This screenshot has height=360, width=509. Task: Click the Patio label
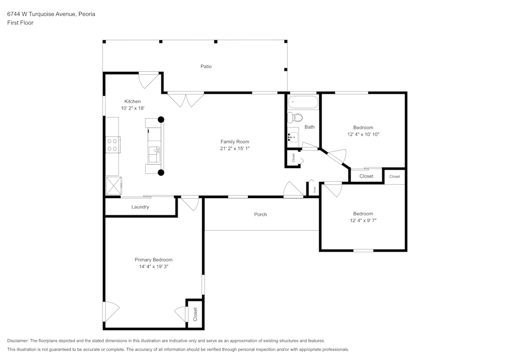(x=206, y=66)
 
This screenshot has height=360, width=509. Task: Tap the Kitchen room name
(x=132, y=101)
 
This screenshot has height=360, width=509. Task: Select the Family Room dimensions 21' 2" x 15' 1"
(x=235, y=149)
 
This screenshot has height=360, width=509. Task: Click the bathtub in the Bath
(x=303, y=103)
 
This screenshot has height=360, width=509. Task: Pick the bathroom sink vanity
(x=293, y=136)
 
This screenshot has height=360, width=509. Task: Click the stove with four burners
(x=112, y=145)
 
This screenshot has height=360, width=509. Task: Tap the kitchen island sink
(x=154, y=151)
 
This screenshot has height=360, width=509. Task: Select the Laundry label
(x=140, y=207)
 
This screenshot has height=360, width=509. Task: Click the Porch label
(x=261, y=214)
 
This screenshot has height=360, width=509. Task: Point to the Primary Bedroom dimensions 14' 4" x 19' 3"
(x=153, y=266)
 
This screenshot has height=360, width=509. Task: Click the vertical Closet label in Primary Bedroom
(x=195, y=314)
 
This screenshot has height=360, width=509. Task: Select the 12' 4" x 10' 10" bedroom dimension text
(x=363, y=134)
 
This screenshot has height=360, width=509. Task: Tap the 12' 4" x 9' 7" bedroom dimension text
(x=363, y=220)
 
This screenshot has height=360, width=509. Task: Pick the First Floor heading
(x=20, y=23)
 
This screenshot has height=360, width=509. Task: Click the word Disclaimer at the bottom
(x=18, y=341)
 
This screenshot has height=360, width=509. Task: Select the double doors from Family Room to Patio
(x=186, y=99)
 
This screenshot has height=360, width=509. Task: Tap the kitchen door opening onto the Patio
(x=149, y=79)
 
